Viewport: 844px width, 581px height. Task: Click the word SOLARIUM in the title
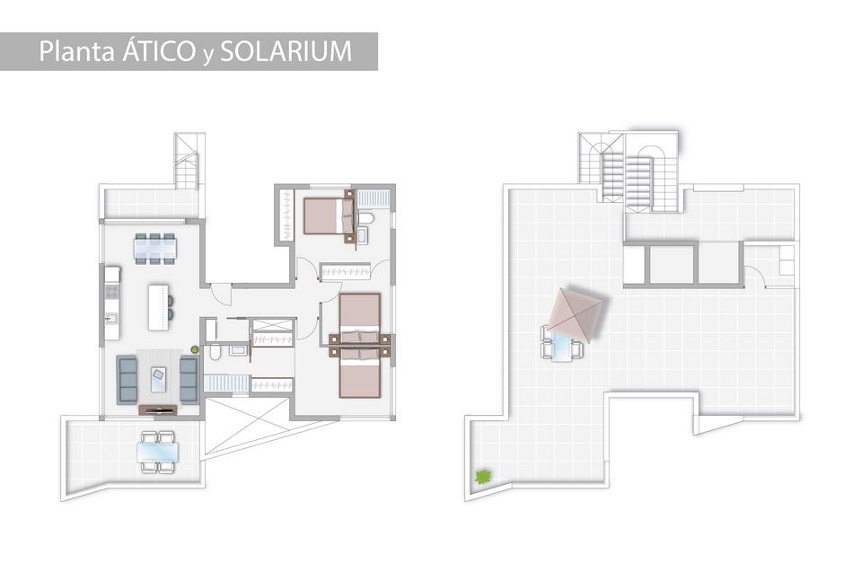coord(286,51)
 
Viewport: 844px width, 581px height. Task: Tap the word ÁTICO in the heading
coord(158,50)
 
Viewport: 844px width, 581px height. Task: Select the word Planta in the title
coord(77,51)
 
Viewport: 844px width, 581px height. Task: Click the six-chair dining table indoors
coord(154,248)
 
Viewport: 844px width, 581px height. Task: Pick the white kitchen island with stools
coord(159,307)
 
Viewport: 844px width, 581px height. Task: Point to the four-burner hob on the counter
coord(112,292)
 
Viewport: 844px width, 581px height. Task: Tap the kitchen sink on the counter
coord(111,319)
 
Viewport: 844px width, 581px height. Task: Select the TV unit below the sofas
coord(158,410)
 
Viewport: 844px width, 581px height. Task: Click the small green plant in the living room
coord(194,349)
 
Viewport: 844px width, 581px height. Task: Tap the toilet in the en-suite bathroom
coord(366,218)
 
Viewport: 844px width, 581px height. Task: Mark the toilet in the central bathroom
coord(215,352)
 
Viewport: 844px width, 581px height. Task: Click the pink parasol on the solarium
coord(575,314)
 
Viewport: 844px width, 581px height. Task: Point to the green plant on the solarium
coord(483,476)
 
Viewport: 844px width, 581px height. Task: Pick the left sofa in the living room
coord(127,380)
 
